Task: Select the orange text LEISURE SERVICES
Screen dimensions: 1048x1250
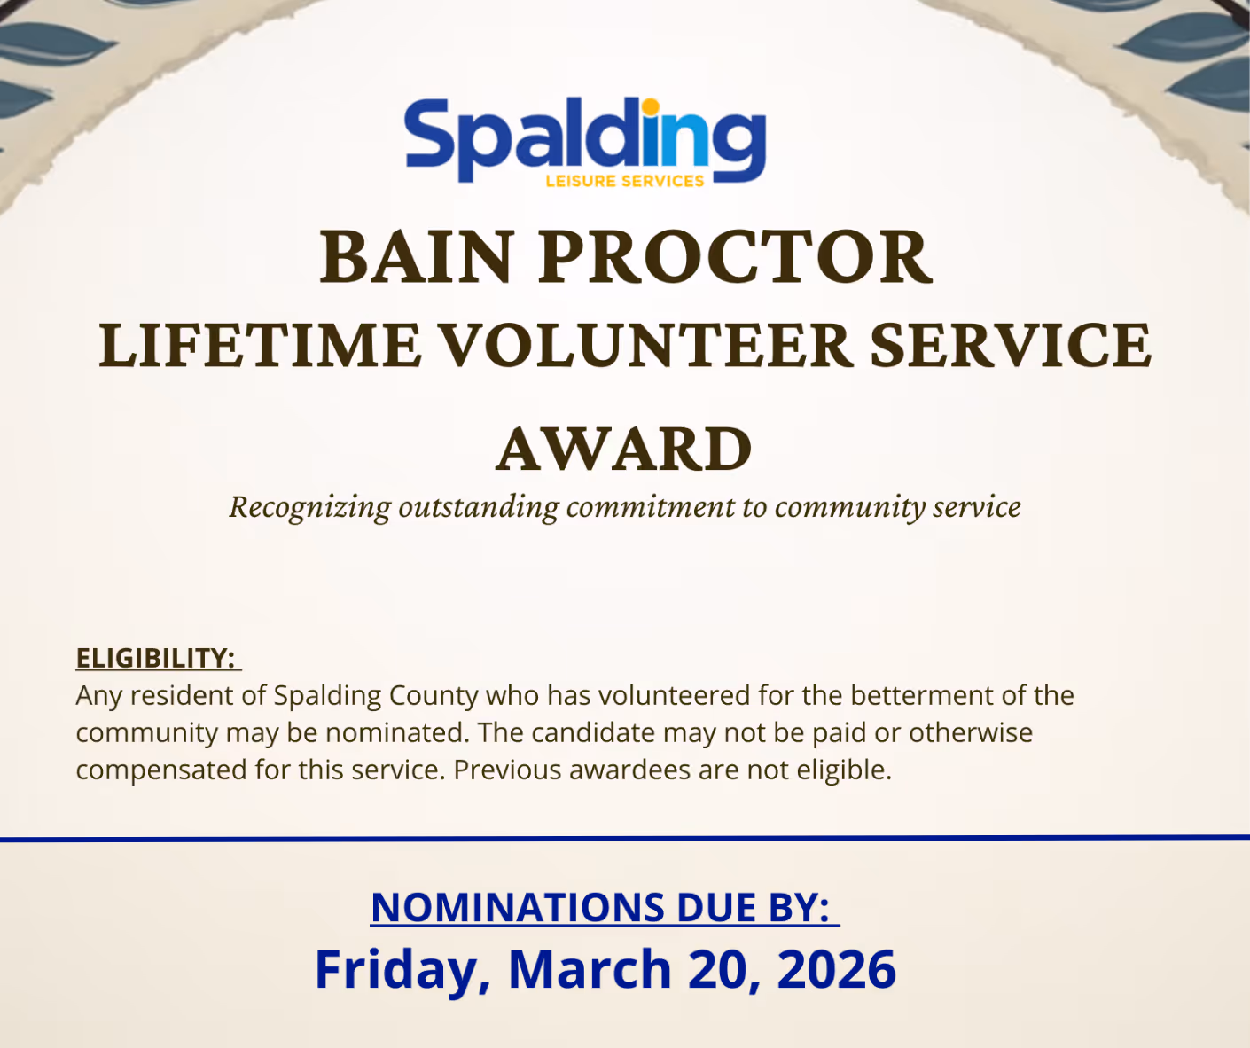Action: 624,181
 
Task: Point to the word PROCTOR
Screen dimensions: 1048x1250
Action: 735,257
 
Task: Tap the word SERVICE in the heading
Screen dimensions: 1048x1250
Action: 1010,346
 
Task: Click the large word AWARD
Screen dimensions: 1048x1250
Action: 624,450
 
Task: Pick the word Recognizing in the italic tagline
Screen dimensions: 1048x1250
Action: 309,507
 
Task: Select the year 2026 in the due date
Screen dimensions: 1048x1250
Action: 836,969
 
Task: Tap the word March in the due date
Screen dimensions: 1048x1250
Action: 589,969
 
